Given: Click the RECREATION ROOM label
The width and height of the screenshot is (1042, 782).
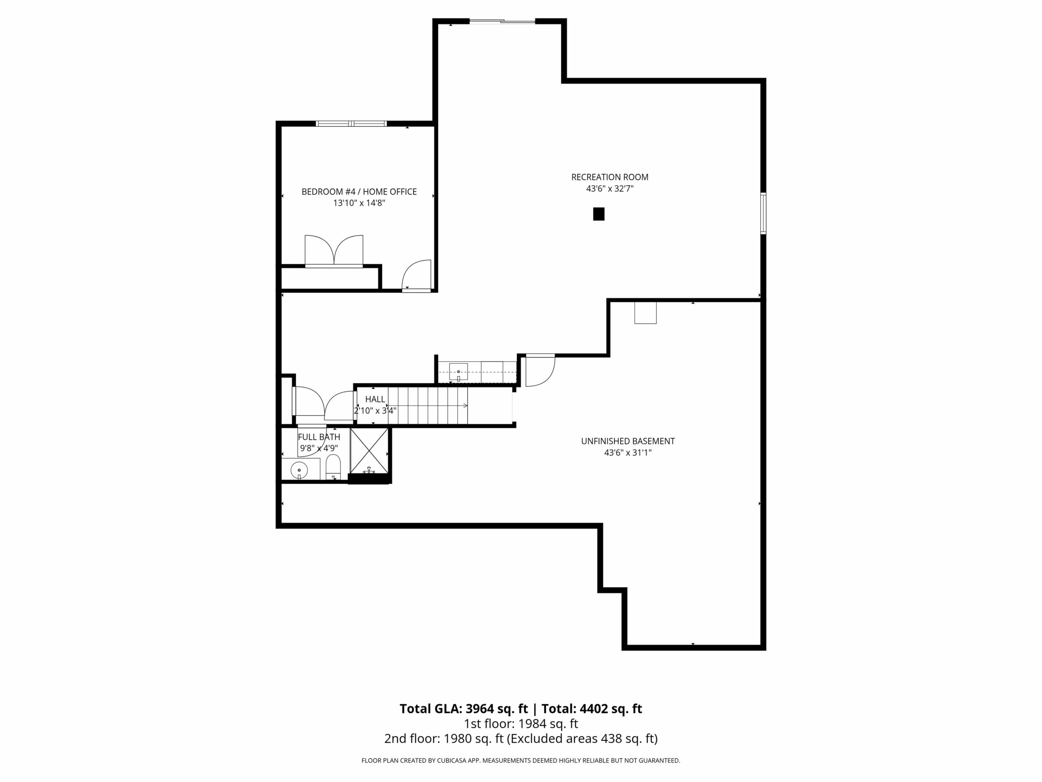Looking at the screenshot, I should pos(610,177).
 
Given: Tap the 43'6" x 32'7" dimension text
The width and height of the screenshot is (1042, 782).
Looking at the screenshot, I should pos(610,189).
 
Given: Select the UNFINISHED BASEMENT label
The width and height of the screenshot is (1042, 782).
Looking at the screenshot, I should pos(628,441).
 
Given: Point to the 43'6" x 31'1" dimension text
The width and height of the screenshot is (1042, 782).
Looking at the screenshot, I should pos(628,453).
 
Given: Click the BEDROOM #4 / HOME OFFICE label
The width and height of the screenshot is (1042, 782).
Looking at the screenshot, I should pos(359,192).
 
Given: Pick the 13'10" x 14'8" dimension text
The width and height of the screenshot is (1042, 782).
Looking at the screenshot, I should pos(359,203).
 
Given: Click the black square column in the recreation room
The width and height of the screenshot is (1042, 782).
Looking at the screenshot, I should pos(598,214).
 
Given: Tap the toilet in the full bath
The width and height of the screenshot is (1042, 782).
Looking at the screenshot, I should pos(333,467).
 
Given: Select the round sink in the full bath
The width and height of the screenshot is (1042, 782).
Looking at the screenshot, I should pos(299,470).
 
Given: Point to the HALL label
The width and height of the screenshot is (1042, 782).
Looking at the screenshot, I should pos(375,399).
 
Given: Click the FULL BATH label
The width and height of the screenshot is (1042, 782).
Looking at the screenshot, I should pos(319,437).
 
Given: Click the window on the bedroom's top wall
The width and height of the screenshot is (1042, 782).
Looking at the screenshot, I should pos(351,123).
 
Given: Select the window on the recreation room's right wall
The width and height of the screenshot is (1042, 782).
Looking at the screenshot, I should pos(763,213).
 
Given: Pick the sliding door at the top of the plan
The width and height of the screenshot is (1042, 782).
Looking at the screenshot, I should pos(502,21).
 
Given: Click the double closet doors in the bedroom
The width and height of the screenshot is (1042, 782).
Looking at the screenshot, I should pos(334,251).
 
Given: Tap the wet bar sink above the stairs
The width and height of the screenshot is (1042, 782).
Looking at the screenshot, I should pos(458,371).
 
